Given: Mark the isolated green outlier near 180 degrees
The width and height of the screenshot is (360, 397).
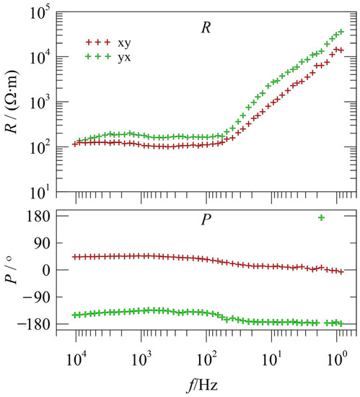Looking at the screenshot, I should point(322,217).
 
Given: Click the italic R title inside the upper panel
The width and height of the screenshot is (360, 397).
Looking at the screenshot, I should point(204,28).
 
